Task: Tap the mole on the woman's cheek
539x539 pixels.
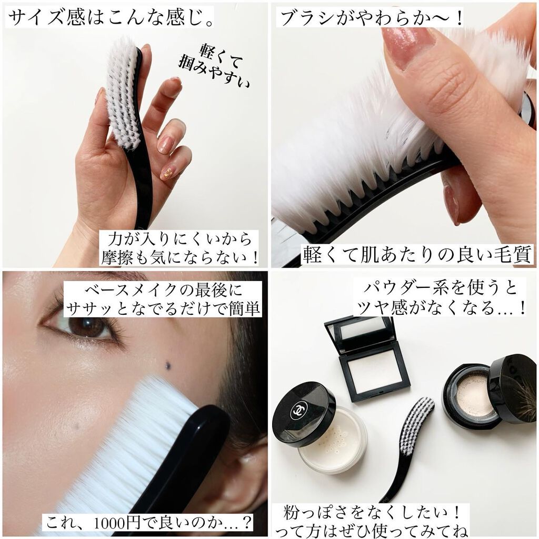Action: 168,365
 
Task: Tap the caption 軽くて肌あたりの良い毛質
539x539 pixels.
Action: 417,255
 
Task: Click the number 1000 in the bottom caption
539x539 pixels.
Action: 116,523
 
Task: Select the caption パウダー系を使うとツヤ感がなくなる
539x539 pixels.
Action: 441,298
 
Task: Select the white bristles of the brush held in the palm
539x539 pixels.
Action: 123,95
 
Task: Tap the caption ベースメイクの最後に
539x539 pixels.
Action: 162,291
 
